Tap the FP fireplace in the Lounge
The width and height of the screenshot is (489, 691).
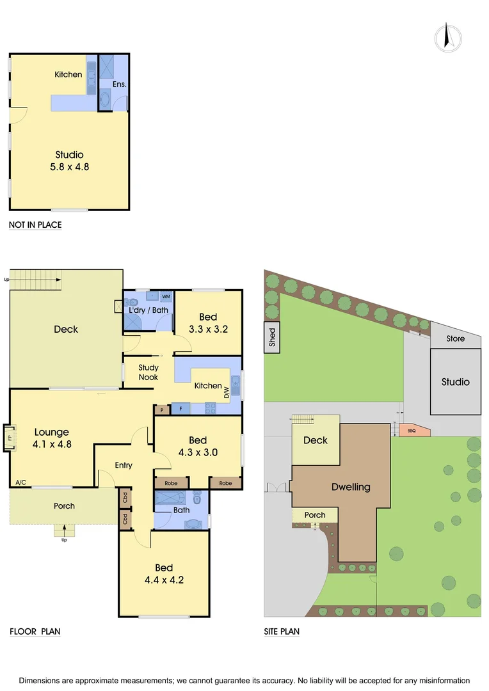pos(10,438)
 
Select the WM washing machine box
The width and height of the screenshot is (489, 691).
pos(166,297)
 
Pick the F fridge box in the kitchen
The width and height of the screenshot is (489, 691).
pos(180,408)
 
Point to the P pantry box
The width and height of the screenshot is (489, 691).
pos(162,409)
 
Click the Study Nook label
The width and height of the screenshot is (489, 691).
pos(148,372)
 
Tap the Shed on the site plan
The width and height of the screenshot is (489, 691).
pos(272,337)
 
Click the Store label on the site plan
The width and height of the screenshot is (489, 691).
pos(456,338)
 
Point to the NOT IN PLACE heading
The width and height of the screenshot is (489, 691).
pos(35,225)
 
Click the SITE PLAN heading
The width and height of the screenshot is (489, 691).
pos(282,631)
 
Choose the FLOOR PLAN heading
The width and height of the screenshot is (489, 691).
pos(35,631)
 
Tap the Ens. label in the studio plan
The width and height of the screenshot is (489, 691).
pos(120,84)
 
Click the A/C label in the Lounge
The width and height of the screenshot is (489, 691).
pos(19,482)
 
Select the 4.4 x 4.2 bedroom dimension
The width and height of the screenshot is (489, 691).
pos(164,581)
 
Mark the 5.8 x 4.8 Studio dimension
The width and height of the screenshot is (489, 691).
pos(69,168)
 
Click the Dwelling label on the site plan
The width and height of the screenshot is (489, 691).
pos(351,487)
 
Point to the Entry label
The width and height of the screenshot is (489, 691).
pos(124,465)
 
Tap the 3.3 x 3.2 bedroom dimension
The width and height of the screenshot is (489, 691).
pos(208,330)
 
